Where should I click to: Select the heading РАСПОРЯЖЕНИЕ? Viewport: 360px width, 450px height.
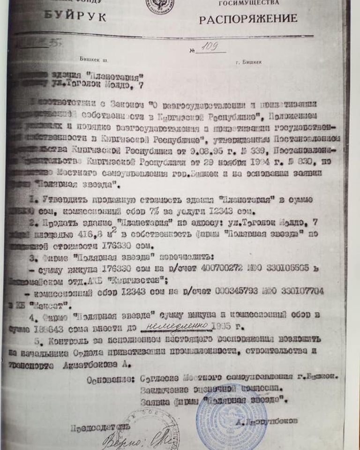click(x=248, y=19)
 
